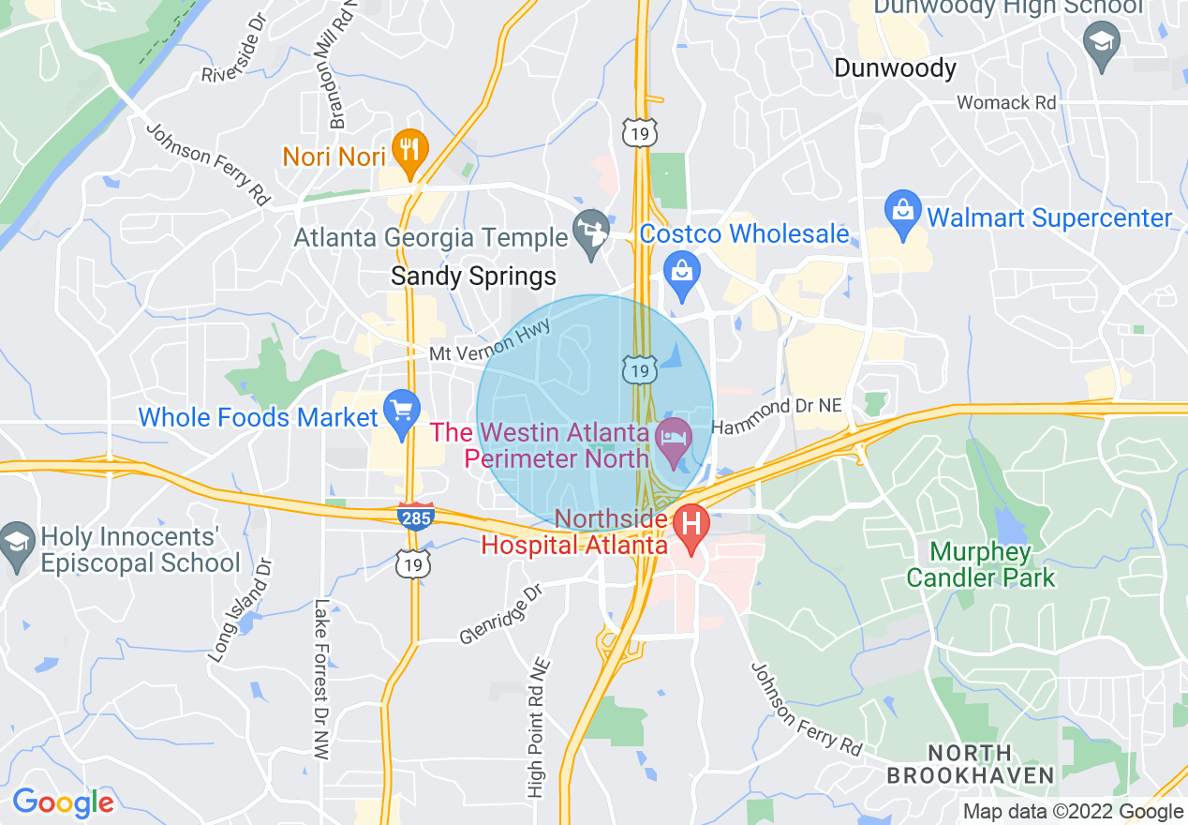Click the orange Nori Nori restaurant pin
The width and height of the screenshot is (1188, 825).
tap(409, 151)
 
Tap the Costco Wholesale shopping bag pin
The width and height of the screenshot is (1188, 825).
tap(681, 272)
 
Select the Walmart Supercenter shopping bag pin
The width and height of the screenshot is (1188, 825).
tap(903, 213)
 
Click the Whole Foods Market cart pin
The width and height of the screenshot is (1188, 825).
tap(403, 412)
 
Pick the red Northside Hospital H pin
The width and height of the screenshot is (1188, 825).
tap(692, 526)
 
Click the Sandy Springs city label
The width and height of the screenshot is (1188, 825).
tap(473, 277)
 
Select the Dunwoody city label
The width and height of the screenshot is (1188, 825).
tap(895, 68)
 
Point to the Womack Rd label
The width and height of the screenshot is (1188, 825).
tap(1006, 102)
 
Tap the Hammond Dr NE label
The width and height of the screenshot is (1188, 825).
tap(777, 415)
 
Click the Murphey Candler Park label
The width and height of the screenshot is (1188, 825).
tap(980, 564)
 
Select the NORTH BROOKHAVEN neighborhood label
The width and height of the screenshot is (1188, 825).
tap(970, 764)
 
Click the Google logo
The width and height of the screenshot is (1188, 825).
tap(63, 802)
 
